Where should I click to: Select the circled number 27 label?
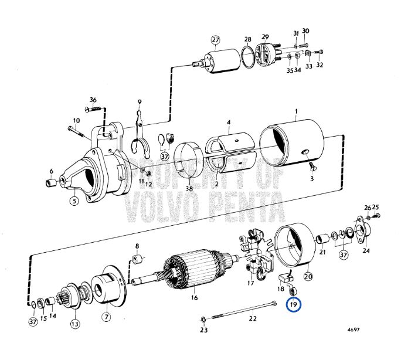point(215,40)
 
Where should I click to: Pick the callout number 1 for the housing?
point(297,111)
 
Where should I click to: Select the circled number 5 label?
point(74,201)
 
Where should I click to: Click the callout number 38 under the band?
point(189,189)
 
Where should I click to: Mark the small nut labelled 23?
point(203,320)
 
